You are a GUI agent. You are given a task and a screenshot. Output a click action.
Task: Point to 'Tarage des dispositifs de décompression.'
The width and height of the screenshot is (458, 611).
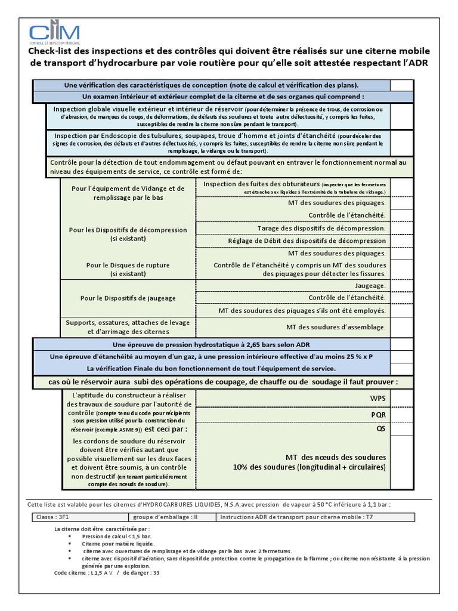point(321,228)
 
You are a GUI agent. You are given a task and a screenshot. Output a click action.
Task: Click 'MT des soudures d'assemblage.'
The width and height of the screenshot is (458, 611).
point(336,327)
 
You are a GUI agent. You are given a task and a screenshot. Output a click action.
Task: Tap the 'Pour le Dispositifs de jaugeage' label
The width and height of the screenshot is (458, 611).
point(128,298)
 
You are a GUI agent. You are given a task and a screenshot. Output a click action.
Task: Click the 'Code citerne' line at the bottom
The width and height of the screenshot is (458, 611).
point(107,572)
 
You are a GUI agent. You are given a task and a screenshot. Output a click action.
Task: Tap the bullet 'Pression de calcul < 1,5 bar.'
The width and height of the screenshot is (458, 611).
point(113,536)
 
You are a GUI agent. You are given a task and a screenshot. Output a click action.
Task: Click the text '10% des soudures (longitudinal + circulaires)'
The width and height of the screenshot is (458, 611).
point(309,467)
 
